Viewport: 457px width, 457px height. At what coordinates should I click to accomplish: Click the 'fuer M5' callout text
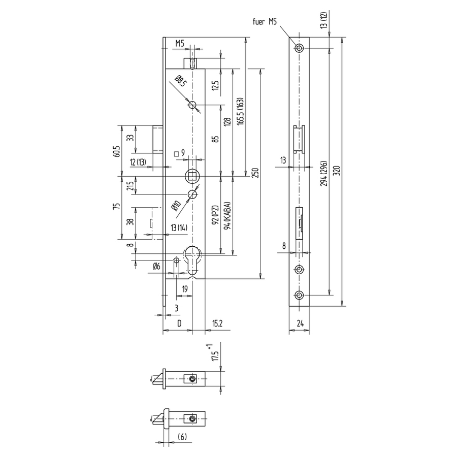coord(265,21)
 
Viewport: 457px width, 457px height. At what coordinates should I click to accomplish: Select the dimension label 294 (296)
coord(324,173)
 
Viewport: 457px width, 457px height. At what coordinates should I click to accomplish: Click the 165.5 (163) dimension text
coord(240,111)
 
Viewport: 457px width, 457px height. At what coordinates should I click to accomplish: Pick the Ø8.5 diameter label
coord(181,81)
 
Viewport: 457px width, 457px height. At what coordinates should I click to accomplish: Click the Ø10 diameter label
coord(176,206)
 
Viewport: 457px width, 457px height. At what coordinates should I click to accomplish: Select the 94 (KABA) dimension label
coord(227,215)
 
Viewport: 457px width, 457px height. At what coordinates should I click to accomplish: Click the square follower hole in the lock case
coord(191,176)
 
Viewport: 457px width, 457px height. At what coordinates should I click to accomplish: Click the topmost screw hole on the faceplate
coord(299,48)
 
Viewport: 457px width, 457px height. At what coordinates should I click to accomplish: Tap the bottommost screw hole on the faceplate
coord(299,295)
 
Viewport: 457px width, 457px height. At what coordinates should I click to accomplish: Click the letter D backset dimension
coord(179,323)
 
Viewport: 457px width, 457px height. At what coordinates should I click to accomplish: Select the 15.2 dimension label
coord(217,323)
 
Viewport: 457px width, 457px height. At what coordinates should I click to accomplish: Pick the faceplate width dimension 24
coord(300,323)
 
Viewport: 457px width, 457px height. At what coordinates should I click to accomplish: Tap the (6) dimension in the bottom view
coord(182,436)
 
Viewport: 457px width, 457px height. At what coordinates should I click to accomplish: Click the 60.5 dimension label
coord(117,151)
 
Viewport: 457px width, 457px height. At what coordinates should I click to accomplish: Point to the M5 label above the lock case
coord(180,44)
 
